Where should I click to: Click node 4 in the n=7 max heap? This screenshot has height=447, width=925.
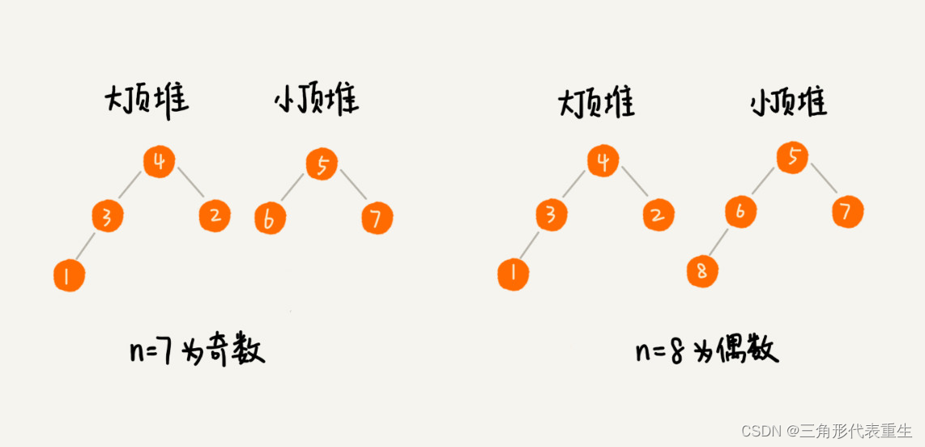tap(160, 162)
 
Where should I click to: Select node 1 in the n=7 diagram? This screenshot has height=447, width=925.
tap(69, 275)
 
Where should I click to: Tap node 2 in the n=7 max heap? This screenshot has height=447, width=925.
tap(215, 215)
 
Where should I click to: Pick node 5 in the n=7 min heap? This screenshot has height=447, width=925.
tap(322, 165)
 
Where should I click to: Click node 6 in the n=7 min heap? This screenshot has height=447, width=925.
tap(270, 219)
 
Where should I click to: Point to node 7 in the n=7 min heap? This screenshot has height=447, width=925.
tap(377, 218)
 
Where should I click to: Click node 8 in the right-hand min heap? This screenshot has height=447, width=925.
tap(701, 271)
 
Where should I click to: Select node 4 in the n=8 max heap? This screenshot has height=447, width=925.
tap(603, 162)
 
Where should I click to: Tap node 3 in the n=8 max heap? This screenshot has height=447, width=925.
tap(551, 215)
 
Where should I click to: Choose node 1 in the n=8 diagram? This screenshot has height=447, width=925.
tap(513, 275)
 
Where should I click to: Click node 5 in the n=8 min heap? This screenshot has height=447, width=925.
tap(792, 157)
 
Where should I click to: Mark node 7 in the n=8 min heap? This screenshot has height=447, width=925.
tap(846, 212)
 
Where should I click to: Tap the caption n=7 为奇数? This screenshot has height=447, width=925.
tap(197, 351)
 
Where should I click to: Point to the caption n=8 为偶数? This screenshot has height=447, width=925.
tap(707, 351)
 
